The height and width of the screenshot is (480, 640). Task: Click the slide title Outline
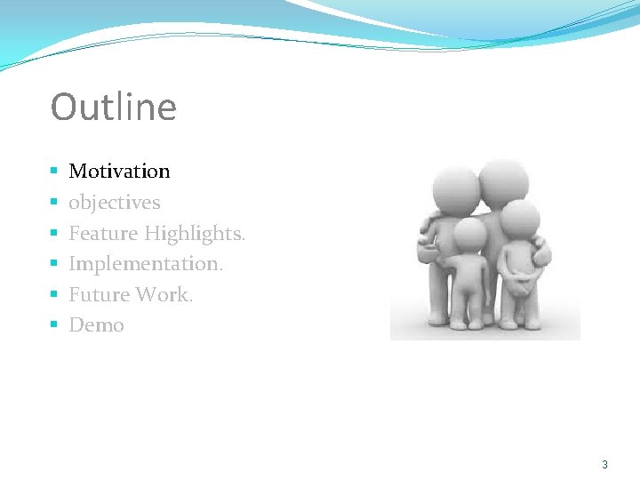coord(114,108)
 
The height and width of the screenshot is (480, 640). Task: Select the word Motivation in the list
coord(119,171)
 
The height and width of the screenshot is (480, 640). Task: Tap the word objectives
coord(115,203)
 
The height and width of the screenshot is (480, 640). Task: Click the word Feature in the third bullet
coord(103,234)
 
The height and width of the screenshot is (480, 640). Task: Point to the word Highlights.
coord(195,234)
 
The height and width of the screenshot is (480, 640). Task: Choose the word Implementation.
coord(146,264)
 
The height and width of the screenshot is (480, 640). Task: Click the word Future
coord(97,294)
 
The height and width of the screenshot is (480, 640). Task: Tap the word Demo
coord(96,325)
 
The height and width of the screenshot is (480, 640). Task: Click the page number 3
coord(604,465)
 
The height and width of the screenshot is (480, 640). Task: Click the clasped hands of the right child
coord(518,285)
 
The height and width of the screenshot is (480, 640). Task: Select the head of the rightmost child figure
coord(519,219)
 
